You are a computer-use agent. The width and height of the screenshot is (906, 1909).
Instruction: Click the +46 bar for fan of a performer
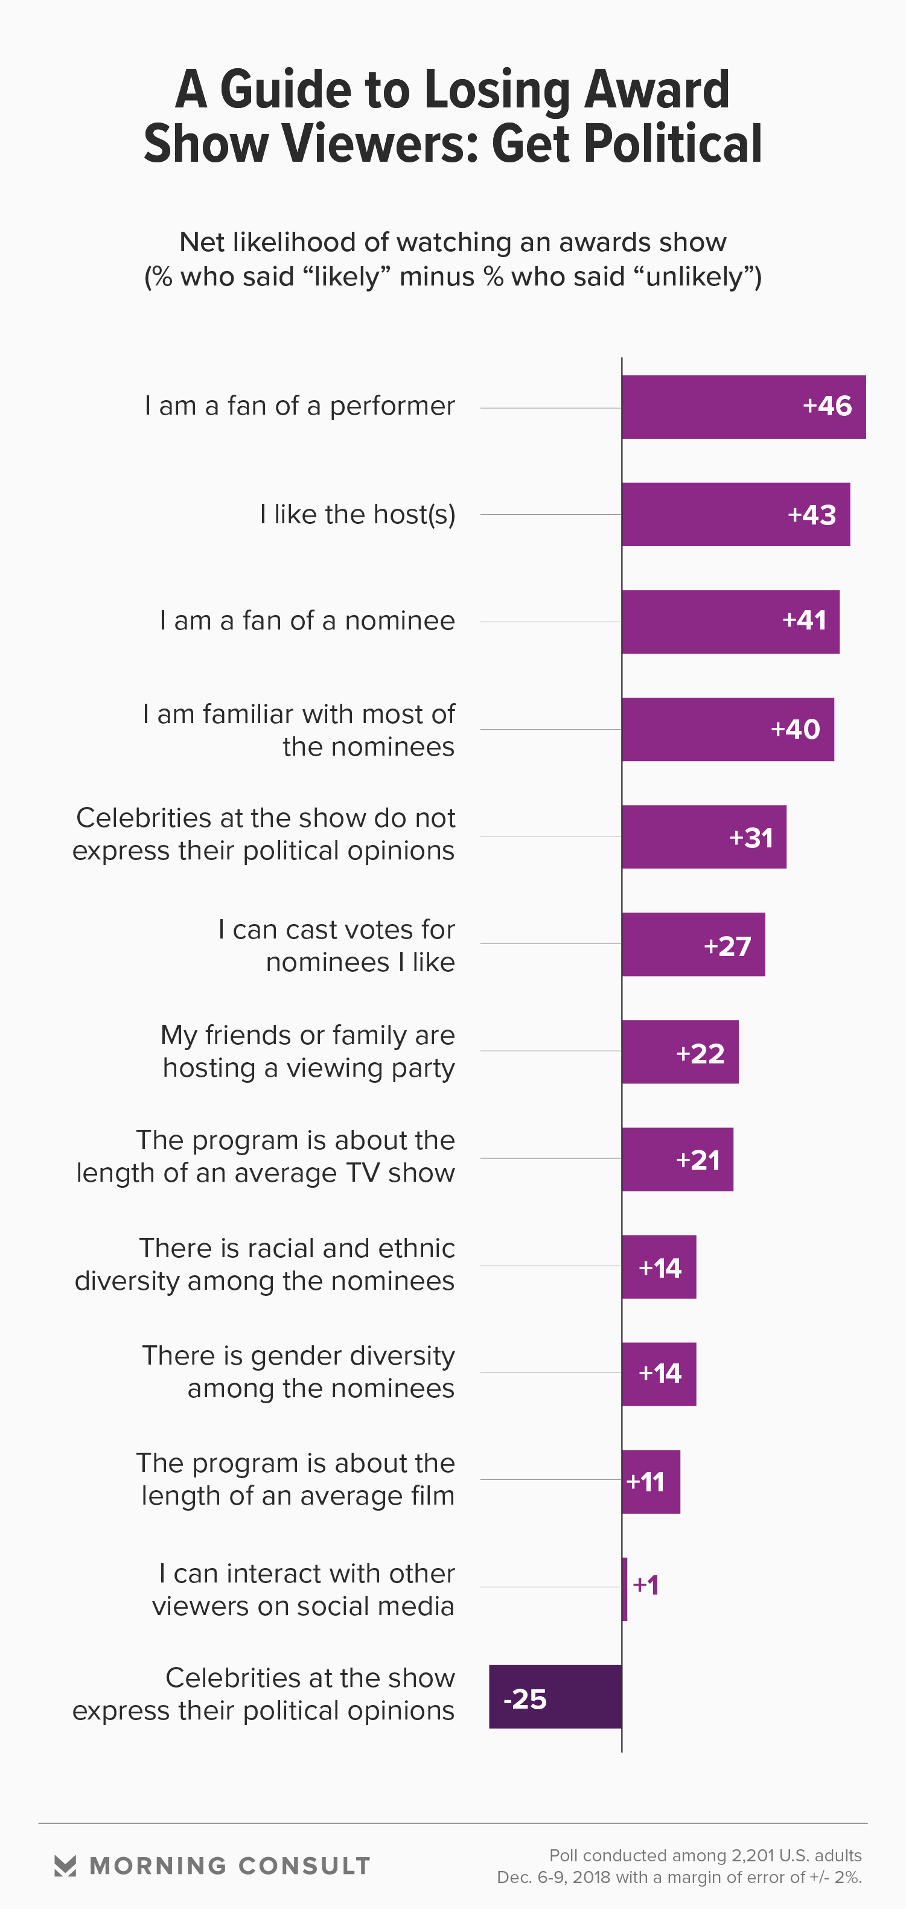click(x=743, y=407)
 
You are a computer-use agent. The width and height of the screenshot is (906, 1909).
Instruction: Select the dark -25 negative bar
click(x=555, y=1697)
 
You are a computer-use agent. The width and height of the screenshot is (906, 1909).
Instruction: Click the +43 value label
click(x=812, y=515)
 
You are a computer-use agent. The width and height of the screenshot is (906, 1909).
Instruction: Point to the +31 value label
click(x=751, y=837)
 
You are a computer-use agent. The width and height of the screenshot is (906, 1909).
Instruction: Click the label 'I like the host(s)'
click(x=357, y=514)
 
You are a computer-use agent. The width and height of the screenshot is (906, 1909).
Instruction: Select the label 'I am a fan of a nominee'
click(x=307, y=621)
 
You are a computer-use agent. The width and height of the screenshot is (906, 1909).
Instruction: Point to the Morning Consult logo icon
click(x=65, y=1866)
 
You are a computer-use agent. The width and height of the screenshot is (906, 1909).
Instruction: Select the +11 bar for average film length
click(x=651, y=1482)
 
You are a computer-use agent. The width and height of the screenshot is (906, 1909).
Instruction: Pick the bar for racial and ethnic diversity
click(x=659, y=1266)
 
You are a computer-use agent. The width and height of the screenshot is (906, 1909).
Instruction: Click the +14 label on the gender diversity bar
click(x=660, y=1374)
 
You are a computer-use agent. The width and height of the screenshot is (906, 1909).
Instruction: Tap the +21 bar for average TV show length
click(x=677, y=1159)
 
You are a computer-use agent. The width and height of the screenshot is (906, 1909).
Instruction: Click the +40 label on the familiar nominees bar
click(x=796, y=730)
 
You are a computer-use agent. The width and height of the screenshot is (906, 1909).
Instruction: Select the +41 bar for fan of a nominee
click(x=730, y=622)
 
